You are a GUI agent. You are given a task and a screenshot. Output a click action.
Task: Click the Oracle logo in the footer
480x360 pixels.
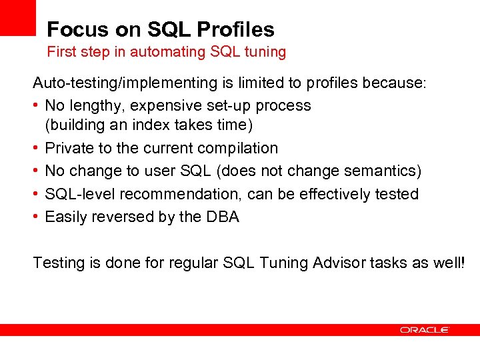point(425,329)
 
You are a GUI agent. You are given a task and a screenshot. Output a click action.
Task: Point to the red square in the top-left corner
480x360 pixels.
point(17,17)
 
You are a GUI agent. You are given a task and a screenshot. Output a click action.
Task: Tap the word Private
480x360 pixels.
point(69,148)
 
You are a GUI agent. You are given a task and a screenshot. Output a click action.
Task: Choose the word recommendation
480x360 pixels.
point(165,194)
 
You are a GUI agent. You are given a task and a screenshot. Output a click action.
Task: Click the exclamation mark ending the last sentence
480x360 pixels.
point(462,263)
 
